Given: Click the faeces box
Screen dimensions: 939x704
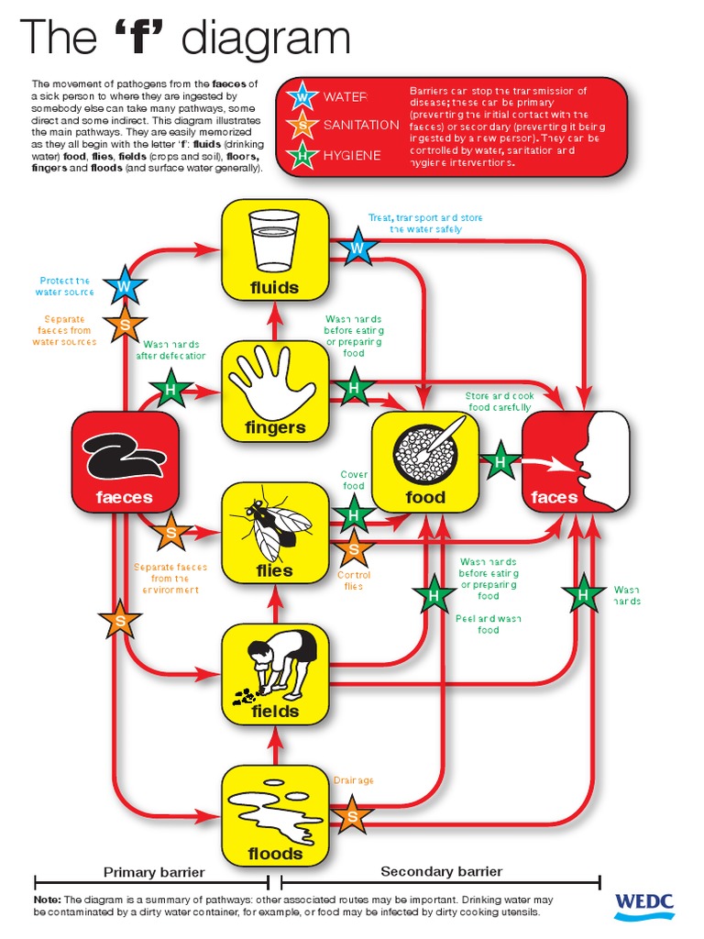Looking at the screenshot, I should coord(125,462).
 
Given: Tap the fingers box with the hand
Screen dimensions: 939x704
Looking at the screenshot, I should coord(275,391).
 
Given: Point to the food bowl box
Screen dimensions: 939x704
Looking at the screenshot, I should coord(424,462).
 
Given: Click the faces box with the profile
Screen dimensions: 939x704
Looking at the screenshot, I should coord(576,462).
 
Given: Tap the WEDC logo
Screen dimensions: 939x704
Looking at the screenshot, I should coord(643,902).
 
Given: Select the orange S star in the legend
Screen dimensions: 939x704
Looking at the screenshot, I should coord(301,125).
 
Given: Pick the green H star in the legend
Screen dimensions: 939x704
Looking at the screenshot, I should coord(301,155).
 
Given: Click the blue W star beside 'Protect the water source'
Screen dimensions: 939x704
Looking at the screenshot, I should coord(122,286).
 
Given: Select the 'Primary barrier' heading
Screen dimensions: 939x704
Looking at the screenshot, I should coord(154,872).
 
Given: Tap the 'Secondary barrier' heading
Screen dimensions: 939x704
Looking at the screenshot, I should coord(442,871).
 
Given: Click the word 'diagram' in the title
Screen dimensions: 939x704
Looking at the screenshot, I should coord(266,39).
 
